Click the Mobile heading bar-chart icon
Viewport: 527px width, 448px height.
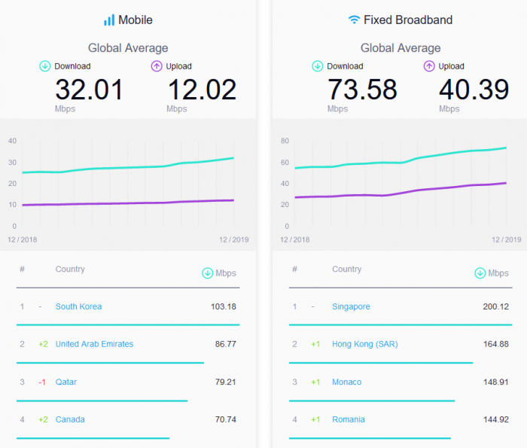pyautogui.click(x=109, y=20)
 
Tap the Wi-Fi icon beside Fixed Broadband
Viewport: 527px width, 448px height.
pyautogui.click(x=354, y=20)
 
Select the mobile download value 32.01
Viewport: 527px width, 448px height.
pyautogui.click(x=89, y=90)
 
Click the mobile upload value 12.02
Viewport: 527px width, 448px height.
pyautogui.click(x=201, y=90)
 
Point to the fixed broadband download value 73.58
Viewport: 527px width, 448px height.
pyautogui.click(x=362, y=90)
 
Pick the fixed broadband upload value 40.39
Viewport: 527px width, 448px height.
pyautogui.click(x=474, y=90)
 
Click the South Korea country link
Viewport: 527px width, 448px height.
pyautogui.click(x=78, y=306)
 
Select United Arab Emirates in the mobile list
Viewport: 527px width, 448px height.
pyautogui.click(x=94, y=344)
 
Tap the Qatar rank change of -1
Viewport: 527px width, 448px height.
pyautogui.click(x=43, y=382)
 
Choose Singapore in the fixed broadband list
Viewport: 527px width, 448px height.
pyautogui.click(x=351, y=306)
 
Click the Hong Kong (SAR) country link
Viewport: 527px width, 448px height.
pyautogui.click(x=364, y=344)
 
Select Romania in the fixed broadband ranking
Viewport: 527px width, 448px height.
pyautogui.click(x=348, y=419)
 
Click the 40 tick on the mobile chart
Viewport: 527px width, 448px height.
pyautogui.click(x=12, y=141)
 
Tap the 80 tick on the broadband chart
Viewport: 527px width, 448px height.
pyautogui.click(x=285, y=141)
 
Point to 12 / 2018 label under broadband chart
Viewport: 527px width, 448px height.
pyautogui.click(x=296, y=239)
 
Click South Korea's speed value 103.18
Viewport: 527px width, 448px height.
pyautogui.click(x=223, y=306)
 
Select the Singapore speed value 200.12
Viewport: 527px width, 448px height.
pyautogui.click(x=495, y=306)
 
